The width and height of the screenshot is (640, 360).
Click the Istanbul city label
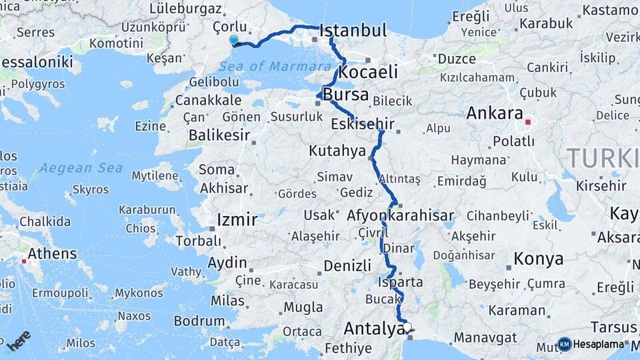(x=353, y=31)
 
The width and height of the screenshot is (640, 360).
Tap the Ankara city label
(x=494, y=113)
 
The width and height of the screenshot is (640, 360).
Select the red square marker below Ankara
(x=528, y=123)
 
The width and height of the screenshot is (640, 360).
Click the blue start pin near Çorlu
(x=233, y=40)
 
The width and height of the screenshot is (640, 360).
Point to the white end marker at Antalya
(x=407, y=327)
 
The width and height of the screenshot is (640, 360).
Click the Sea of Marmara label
(x=275, y=67)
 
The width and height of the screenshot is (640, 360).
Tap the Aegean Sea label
(x=81, y=167)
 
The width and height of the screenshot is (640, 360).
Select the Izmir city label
(x=237, y=219)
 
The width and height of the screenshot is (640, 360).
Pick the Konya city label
(x=538, y=259)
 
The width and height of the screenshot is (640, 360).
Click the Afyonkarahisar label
(x=400, y=215)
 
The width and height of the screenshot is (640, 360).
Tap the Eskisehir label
(x=363, y=124)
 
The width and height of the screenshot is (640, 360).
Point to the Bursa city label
(x=345, y=94)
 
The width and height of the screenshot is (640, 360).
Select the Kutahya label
(x=337, y=151)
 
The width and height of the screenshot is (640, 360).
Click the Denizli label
(x=347, y=265)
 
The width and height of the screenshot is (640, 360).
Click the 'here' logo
(x=19, y=341)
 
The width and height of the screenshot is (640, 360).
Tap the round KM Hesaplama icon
(x=565, y=344)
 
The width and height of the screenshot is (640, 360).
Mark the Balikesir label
(x=219, y=135)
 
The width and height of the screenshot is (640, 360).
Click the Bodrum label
(x=199, y=321)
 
